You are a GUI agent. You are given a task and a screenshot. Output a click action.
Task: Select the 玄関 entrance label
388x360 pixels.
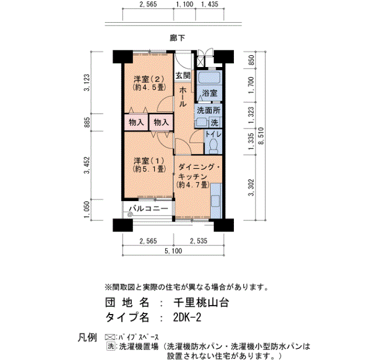point(183,76)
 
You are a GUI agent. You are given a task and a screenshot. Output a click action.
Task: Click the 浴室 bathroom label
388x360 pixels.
point(210,93)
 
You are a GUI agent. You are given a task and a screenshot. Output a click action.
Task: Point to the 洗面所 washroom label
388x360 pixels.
point(208,111)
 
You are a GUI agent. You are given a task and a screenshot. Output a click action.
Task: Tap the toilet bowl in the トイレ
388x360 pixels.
point(213,145)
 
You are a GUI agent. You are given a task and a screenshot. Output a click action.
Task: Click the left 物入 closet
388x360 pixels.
point(136,122)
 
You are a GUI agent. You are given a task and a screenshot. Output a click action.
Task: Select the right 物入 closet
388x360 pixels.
point(161,122)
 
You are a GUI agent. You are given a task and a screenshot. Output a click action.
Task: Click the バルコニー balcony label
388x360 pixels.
point(149,208)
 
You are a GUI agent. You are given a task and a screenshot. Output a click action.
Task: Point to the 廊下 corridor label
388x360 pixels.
point(177,38)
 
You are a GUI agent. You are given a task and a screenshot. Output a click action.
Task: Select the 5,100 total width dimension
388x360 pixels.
point(173,251)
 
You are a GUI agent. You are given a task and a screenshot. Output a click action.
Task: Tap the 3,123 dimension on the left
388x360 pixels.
point(87,83)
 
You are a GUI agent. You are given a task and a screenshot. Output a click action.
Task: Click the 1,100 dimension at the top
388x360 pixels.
point(185,4)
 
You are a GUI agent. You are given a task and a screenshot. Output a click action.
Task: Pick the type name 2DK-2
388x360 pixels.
point(187,317)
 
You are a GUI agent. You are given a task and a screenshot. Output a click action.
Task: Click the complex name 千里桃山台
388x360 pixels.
point(201,302)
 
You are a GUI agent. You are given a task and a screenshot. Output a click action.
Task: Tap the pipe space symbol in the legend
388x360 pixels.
point(110,337)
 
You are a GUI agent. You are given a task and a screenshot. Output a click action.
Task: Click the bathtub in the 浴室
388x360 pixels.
point(210,78)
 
